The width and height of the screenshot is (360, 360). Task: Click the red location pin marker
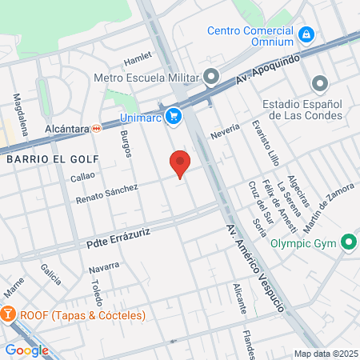point(180,164)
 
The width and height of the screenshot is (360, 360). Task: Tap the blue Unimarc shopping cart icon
point(173,118)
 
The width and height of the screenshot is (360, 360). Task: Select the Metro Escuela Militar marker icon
point(211,78)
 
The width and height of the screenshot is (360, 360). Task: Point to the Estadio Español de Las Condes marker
point(320,83)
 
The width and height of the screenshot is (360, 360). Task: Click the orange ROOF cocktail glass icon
point(9,314)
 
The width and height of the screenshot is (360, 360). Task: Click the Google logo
point(26,350)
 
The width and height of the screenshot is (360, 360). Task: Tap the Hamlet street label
point(137,59)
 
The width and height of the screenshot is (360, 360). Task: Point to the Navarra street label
point(104,266)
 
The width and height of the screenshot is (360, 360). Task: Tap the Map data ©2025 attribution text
point(326,354)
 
